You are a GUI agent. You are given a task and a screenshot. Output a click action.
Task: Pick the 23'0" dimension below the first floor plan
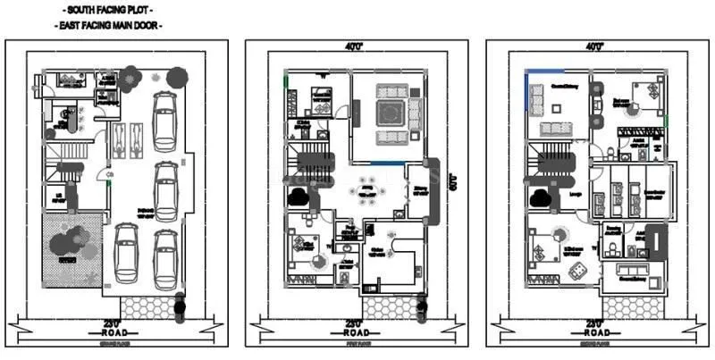tap(355, 322)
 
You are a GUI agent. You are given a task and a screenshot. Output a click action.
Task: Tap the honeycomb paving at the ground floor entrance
tap(150, 306)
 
